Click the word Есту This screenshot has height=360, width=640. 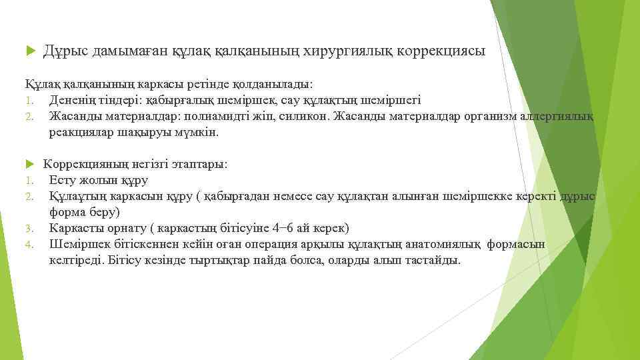[x=61, y=180]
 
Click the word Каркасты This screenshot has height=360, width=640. [x=74, y=228]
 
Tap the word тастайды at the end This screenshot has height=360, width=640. [x=434, y=260]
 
